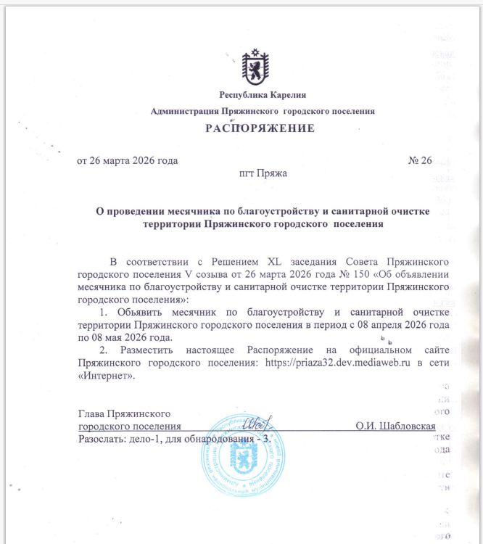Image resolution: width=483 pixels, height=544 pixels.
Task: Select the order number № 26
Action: tap(420, 160)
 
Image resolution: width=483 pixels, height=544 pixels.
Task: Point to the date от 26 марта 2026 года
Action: tap(127, 160)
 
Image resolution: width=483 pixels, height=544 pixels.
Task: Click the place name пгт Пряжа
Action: tap(263, 174)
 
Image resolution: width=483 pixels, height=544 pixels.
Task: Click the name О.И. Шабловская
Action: tap(395, 426)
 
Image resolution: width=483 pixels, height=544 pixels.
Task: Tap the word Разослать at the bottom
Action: tap(100, 439)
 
